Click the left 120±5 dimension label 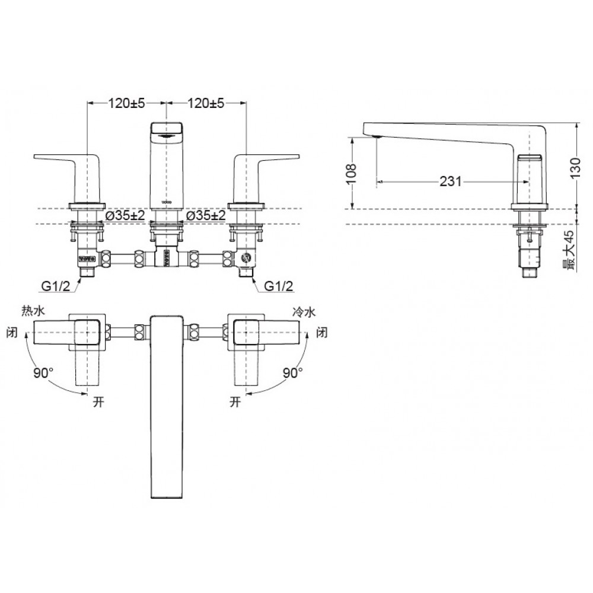coord(126,104)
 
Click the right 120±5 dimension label coord(206,104)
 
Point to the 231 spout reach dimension coord(451,181)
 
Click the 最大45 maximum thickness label coord(570,249)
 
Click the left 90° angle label coord(43,374)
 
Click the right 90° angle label coord(293,374)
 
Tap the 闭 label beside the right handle coord(322,332)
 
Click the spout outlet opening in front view coord(167,135)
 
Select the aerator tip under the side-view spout coord(376,138)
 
